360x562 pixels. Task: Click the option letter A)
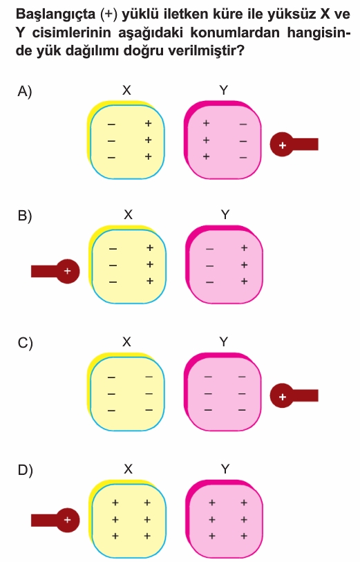pyautogui.click(x=24, y=91)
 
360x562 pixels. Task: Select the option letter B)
pyautogui.click(x=25, y=216)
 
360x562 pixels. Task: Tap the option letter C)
pyautogui.click(x=25, y=343)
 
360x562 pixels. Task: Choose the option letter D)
pyautogui.click(x=25, y=470)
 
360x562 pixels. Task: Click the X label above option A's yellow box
pyautogui.click(x=126, y=91)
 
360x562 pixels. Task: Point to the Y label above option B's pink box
pyautogui.click(x=225, y=215)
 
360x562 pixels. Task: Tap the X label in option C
pyautogui.click(x=126, y=342)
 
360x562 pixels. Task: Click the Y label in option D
pyautogui.click(x=225, y=469)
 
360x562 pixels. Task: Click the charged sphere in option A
pyautogui.click(x=282, y=144)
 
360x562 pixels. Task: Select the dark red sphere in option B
pyautogui.click(x=67, y=272)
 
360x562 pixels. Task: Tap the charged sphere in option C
pyautogui.click(x=282, y=395)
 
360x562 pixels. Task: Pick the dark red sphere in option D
pyautogui.click(x=67, y=520)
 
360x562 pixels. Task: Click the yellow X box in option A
pyautogui.click(x=126, y=140)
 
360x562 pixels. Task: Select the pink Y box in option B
pyautogui.click(x=225, y=265)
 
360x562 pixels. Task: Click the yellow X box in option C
pyautogui.click(x=126, y=392)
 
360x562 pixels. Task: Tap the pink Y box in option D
pyautogui.click(x=225, y=518)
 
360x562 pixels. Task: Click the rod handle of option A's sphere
pyautogui.click(x=305, y=144)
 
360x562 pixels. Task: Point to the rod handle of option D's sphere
pyautogui.click(x=44, y=520)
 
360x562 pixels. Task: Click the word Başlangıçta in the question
pyautogui.click(x=56, y=15)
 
